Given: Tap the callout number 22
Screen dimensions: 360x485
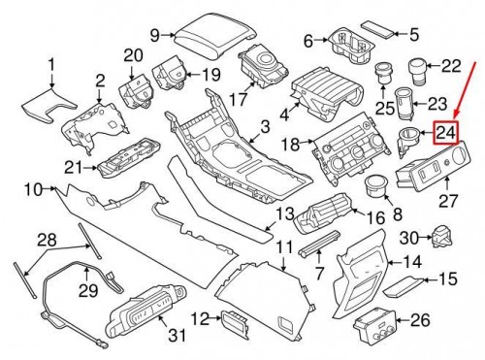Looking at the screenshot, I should [x=451, y=66].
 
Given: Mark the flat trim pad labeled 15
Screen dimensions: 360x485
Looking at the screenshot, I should [x=400, y=285].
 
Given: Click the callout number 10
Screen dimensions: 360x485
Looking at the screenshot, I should [x=31, y=187].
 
